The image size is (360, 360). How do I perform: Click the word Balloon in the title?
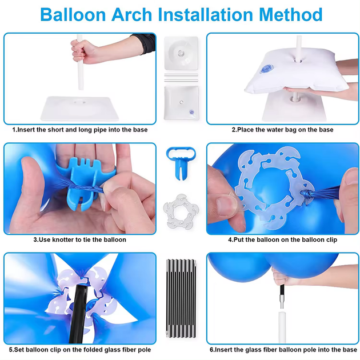(73, 15)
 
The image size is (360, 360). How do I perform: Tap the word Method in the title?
(291, 15)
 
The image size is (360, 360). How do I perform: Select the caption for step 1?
(80, 130)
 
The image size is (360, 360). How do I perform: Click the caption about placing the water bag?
(282, 130)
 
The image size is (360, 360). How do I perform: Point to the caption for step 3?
(80, 239)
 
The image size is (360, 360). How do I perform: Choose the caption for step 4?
(282, 239)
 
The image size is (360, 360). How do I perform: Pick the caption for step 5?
(80, 350)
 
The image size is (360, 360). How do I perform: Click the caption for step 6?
(283, 350)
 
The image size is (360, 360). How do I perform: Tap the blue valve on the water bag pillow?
(266, 69)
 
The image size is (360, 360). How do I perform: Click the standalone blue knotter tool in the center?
(181, 162)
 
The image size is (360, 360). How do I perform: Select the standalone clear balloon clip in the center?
(181, 211)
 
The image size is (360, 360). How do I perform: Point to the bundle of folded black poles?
(181, 298)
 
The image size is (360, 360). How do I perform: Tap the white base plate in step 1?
(79, 109)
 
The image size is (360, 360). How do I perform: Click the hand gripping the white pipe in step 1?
(84, 51)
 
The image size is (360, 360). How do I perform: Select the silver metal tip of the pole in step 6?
(282, 302)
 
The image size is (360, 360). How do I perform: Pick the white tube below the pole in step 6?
(282, 327)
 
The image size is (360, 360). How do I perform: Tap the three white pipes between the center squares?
(181, 78)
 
